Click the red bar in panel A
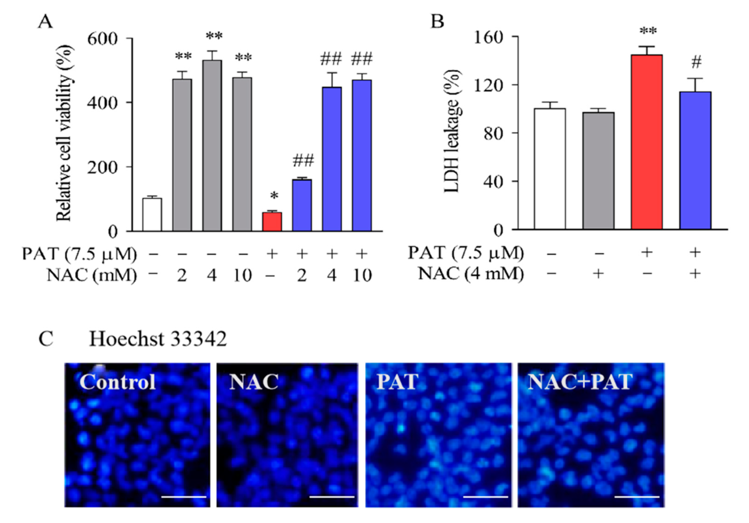point(272,222)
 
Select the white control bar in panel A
point(152,215)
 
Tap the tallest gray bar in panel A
point(212,146)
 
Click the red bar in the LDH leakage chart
point(647,142)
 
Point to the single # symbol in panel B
point(696,62)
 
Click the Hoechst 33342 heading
point(158,339)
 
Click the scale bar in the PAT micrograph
point(485,497)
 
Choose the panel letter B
point(438,22)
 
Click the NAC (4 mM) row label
point(471,274)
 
